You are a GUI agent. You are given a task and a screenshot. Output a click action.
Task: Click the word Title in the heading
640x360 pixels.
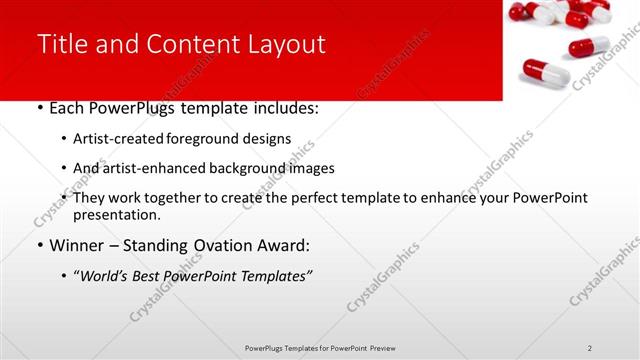[61, 44]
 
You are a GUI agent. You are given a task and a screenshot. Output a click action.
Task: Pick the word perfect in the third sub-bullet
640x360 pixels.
[312, 198]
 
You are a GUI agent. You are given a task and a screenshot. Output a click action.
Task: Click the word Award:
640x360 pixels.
[284, 245]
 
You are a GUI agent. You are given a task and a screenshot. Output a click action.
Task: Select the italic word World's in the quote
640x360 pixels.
[106, 276]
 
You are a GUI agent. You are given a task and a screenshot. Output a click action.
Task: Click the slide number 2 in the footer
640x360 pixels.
[590, 347]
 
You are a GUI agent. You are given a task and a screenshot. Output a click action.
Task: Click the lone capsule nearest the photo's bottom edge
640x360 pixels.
[545, 71]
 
